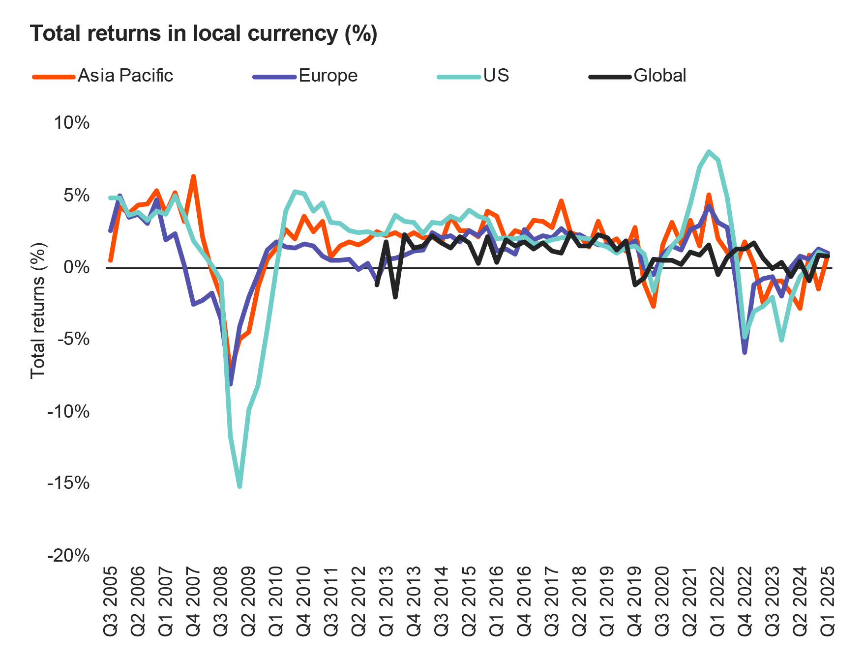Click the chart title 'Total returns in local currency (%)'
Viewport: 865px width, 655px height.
click(204, 33)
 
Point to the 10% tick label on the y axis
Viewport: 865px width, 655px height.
click(72, 122)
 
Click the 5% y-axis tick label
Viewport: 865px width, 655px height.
click(76, 195)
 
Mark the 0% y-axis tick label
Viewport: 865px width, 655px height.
click(76, 267)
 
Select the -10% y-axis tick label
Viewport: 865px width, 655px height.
click(69, 411)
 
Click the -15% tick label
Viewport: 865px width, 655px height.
click(69, 483)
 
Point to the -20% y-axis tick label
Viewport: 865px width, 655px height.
click(69, 555)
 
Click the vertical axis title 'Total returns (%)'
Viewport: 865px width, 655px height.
click(38, 311)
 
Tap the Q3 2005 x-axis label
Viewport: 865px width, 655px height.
click(111, 601)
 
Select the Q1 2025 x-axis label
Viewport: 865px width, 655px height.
click(828, 601)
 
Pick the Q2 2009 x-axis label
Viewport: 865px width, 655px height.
click(249, 601)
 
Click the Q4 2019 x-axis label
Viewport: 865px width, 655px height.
click(635, 601)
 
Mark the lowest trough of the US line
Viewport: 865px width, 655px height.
click(239, 486)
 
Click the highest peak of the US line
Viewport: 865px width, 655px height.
click(709, 151)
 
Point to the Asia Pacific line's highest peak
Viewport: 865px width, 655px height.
click(194, 176)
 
